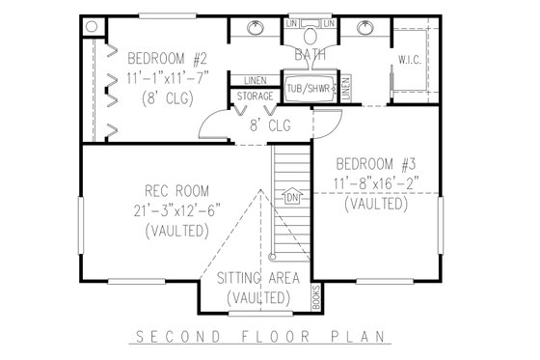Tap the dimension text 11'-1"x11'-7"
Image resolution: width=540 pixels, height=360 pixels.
154,77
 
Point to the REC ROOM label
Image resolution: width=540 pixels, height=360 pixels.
175,190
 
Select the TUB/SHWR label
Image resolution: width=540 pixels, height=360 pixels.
306,87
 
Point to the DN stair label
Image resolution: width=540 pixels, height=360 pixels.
293,199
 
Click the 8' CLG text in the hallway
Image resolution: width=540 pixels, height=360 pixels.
270,125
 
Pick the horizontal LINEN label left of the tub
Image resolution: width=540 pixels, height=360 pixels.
256,81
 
